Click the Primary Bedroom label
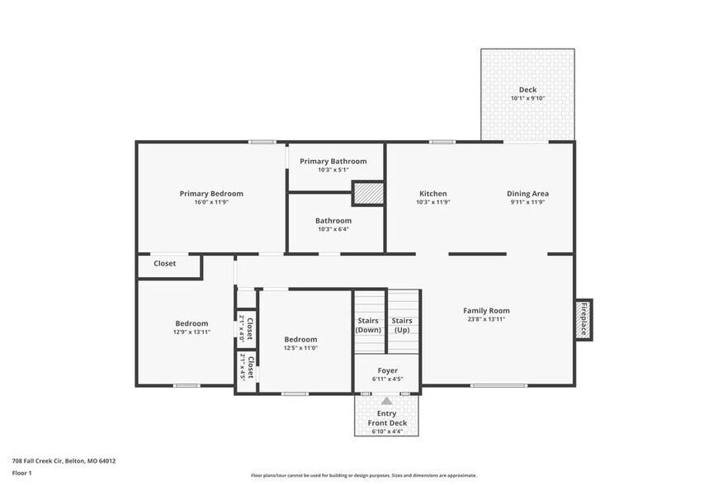(211, 194)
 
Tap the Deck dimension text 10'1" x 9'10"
(527, 99)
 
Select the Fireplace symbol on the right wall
(584, 319)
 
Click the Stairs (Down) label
(368, 325)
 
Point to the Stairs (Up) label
(402, 325)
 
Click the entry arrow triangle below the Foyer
(387, 400)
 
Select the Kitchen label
(432, 194)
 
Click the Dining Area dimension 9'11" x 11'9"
(527, 202)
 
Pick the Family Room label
(486, 310)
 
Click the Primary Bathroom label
(333, 161)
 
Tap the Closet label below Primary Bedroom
(164, 264)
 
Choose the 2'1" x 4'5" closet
(246, 366)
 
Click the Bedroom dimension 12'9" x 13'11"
(191, 332)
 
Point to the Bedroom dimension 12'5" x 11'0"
(300, 348)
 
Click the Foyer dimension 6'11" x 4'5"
(387, 379)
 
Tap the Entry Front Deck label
(387, 418)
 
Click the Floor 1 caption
(21, 473)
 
